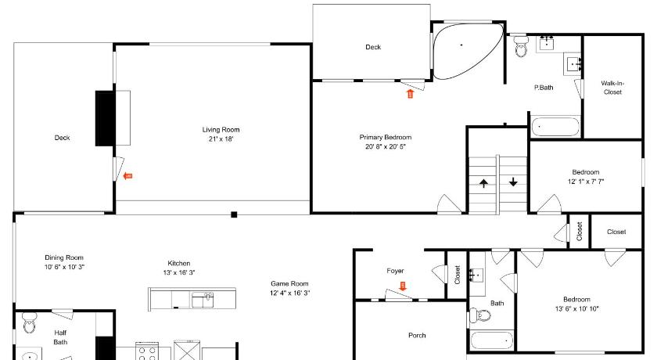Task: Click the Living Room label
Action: pos(221,130)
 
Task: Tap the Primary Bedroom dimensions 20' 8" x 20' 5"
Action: pos(386,146)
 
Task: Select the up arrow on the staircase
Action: pos(483,183)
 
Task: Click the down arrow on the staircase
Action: pos(513,182)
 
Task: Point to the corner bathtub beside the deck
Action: pos(467,51)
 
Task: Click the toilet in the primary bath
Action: pos(521,46)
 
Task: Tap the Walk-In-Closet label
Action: pos(612,88)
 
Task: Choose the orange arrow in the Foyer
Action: pos(403,286)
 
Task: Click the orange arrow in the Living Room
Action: pos(127,176)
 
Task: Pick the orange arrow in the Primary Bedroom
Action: pos(410,93)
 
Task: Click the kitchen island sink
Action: pos(203,300)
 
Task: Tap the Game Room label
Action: pos(289,284)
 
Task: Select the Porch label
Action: pos(417,335)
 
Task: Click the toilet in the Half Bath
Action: pos(30,322)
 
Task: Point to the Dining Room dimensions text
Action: pos(64,267)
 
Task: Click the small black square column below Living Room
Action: pos(234,214)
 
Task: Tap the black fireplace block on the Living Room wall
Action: pos(105,118)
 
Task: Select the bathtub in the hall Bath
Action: pos(492,340)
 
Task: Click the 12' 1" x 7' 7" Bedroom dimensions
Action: pos(586,182)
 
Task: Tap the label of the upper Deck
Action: pos(373,47)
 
